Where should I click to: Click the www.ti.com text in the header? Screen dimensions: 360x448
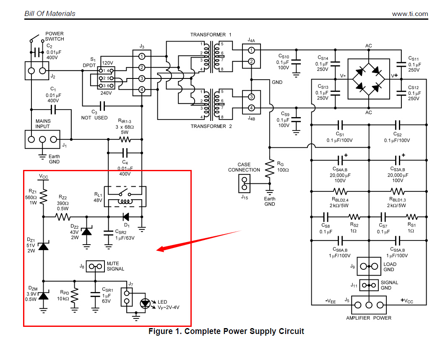(410, 14)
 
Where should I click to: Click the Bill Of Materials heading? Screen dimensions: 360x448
(50, 13)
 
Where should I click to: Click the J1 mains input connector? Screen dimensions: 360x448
(42, 139)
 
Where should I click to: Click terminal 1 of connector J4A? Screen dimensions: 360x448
(251, 50)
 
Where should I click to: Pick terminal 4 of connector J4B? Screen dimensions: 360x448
(251, 108)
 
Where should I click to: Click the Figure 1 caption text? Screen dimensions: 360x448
(226, 331)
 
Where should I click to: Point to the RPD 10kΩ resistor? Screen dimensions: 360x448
(75, 296)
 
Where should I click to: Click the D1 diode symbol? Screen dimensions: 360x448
(125, 217)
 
